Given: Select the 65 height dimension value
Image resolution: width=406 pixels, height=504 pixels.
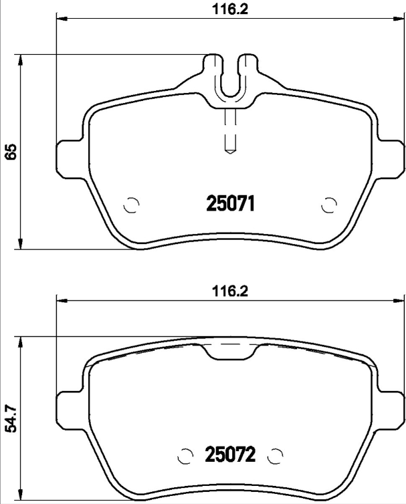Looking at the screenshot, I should click(10, 152).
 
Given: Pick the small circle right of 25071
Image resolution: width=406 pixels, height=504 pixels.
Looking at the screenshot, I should click(328, 205).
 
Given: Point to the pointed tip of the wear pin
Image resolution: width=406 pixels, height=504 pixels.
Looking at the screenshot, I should click(229, 151).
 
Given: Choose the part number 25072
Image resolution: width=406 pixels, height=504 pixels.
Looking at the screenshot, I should click(229, 457).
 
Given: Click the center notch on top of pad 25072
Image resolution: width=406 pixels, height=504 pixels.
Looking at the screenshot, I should click(229, 350).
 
